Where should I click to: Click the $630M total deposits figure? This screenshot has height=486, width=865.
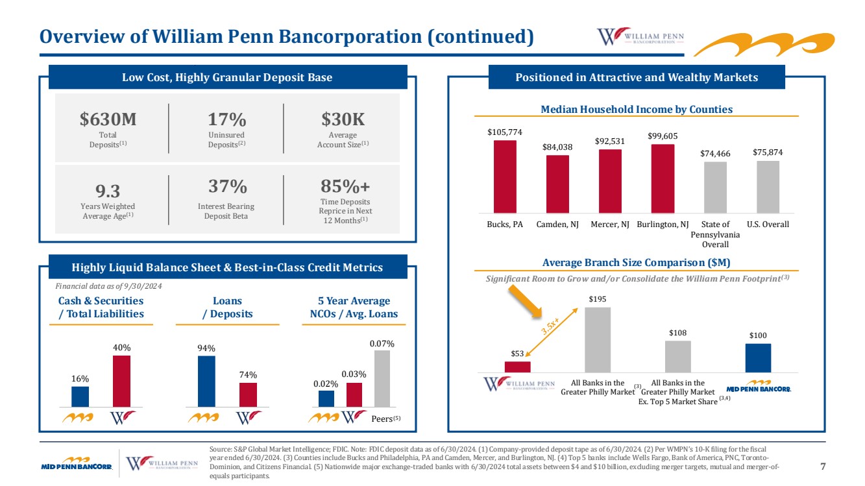108,119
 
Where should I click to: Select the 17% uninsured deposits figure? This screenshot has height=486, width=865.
226,119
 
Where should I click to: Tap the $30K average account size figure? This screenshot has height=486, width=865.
343,119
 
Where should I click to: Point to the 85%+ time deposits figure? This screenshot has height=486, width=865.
345,186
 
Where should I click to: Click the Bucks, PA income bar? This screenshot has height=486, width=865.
505,176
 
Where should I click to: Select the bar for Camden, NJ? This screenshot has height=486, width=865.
557,184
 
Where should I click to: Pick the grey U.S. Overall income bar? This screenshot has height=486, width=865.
768,187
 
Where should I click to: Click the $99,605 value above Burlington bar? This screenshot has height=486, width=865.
663,136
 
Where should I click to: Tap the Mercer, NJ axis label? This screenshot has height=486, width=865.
610,225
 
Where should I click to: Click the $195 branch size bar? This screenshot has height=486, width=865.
598,340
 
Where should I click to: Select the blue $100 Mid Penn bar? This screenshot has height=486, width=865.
758,358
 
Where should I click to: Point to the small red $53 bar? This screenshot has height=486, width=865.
517,367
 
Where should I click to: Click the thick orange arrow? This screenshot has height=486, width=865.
525,302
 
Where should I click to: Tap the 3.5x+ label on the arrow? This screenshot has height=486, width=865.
550,326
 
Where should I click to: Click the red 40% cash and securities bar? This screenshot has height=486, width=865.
121,381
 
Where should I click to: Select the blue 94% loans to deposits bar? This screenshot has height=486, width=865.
206,382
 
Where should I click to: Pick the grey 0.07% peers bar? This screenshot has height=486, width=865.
382,379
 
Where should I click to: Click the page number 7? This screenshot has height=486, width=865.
823,467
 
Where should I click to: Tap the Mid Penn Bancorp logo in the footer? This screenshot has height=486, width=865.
77,463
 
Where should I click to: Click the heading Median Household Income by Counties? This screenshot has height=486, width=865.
637,109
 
